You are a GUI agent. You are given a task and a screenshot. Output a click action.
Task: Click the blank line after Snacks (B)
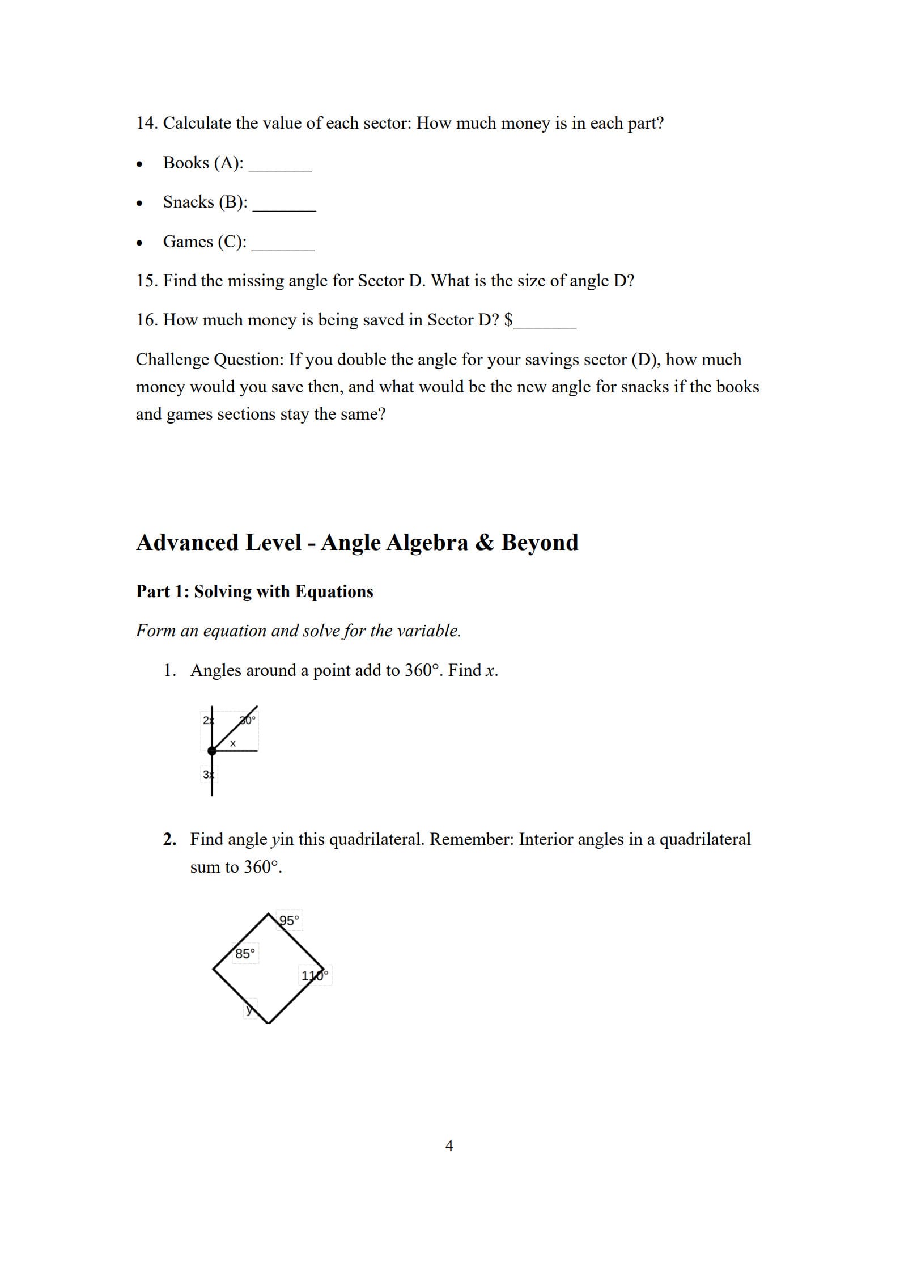(x=284, y=208)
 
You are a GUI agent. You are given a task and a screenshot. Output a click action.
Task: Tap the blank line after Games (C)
(x=283, y=248)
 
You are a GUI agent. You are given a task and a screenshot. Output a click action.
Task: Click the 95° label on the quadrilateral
(x=289, y=920)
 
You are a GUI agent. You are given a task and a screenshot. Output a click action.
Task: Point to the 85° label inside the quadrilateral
(x=245, y=954)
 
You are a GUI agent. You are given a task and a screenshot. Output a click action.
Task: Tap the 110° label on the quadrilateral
(x=315, y=975)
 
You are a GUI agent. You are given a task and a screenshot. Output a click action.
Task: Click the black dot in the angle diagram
(x=212, y=751)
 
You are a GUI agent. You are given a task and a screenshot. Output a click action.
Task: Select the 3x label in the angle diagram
(x=208, y=774)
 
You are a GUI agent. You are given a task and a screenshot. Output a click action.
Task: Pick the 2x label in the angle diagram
(x=208, y=720)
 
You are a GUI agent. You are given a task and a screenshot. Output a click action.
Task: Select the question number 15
(x=146, y=281)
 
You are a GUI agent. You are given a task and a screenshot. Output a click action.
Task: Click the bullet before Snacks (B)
(x=139, y=204)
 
